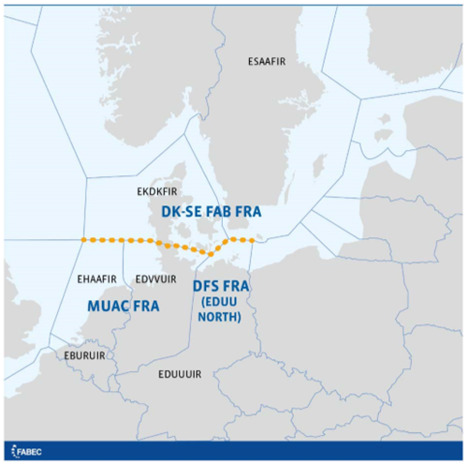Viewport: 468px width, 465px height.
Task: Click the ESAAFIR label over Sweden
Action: pos(267,63)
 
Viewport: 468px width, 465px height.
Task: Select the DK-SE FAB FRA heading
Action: pos(211,213)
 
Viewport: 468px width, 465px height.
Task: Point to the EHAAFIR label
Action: pos(97,278)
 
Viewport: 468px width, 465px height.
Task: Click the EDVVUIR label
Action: pos(155,278)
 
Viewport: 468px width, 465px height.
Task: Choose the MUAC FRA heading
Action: pos(123,306)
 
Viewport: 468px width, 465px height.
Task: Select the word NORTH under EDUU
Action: pos(222,317)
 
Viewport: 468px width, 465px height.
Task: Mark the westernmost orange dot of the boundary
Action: pos(83,241)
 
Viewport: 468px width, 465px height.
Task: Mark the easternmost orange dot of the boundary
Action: pos(252,241)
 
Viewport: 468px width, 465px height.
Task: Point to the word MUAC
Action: pos(110,306)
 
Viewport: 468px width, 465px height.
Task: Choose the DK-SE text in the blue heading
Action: pos(180,213)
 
